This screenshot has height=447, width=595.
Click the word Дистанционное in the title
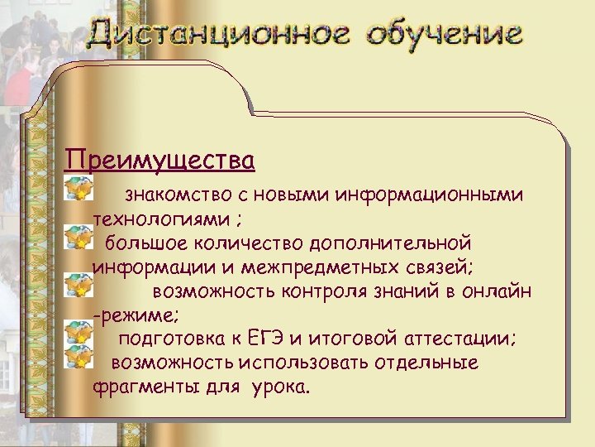click(x=220, y=36)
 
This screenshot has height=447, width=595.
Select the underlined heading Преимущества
click(x=159, y=157)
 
